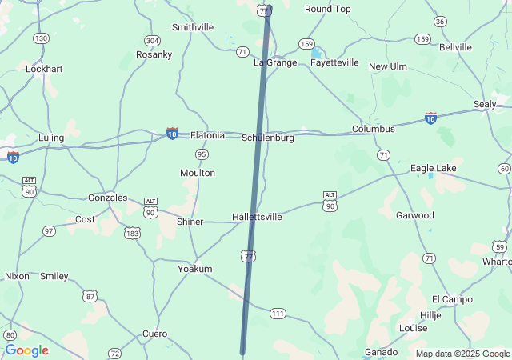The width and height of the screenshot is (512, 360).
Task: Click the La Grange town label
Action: pyautogui.click(x=275, y=62)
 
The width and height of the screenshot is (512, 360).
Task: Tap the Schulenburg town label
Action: pyautogui.click(x=268, y=138)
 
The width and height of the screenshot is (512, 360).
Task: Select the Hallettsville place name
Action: pyautogui.click(x=257, y=217)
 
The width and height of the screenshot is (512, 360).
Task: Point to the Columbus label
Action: pyautogui.click(x=374, y=129)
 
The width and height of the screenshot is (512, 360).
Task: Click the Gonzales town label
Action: pyautogui.click(x=107, y=198)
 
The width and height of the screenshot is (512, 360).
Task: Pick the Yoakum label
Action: pyautogui.click(x=194, y=269)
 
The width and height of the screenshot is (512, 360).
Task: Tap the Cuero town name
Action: pyautogui.click(x=154, y=334)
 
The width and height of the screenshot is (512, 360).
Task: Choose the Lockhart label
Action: pyautogui.click(x=44, y=69)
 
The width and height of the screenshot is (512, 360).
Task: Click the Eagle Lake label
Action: pyautogui.click(x=434, y=168)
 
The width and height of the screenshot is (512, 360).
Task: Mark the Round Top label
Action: pyautogui.click(x=328, y=9)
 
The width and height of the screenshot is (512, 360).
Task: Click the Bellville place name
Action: pyautogui.click(x=455, y=47)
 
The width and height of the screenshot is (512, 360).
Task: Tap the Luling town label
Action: pyautogui.click(x=51, y=138)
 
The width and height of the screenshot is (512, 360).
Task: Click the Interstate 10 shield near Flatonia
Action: pyautogui.click(x=172, y=132)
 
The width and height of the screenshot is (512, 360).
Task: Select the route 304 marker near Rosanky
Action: pyautogui.click(x=152, y=40)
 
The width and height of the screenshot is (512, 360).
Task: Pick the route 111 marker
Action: pyautogui.click(x=278, y=313)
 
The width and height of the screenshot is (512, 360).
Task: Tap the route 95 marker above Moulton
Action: pyautogui.click(x=202, y=154)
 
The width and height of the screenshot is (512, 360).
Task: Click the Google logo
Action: pyautogui.click(x=26, y=350)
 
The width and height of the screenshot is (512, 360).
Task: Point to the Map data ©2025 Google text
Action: pyautogui.click(x=462, y=354)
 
